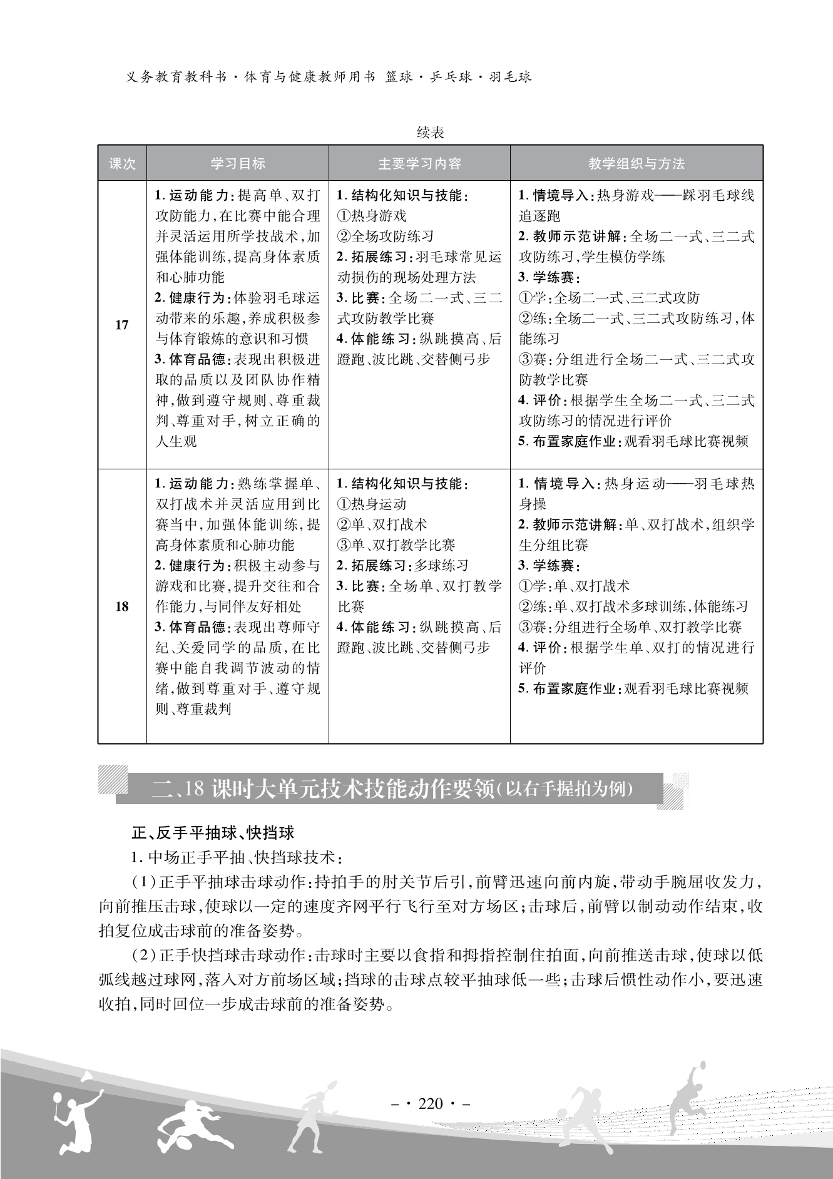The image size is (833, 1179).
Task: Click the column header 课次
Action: pos(122,164)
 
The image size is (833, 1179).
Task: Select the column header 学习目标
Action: pos(238,164)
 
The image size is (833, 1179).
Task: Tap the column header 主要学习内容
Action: pos(419,164)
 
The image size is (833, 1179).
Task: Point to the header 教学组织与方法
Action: pos(636,164)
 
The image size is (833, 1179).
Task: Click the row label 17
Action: pos(122,324)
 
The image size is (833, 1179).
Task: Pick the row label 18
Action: pos(122,606)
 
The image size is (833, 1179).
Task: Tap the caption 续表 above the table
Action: pos(430,133)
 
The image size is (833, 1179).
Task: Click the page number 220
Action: pos(430,1103)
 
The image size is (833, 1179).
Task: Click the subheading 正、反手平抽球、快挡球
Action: pos(213,833)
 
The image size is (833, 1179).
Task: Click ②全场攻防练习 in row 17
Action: pos(385,237)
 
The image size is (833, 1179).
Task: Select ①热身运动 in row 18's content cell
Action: pos(372,504)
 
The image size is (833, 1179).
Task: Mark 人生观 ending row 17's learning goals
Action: pos(176,441)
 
